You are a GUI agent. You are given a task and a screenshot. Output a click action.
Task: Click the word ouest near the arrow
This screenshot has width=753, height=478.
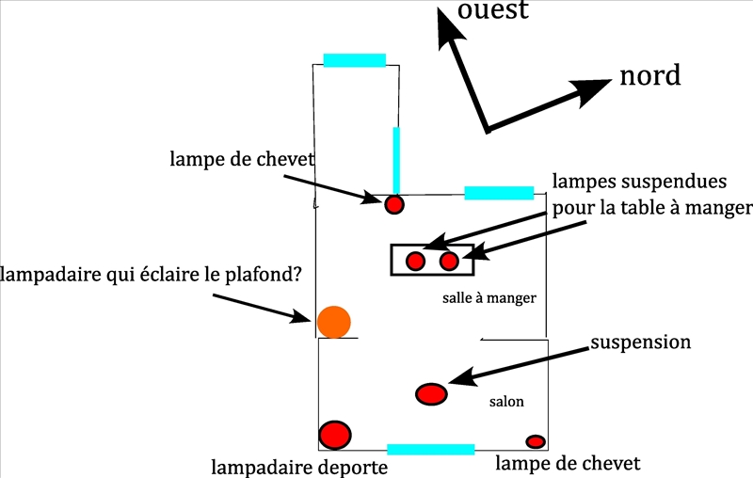click(492, 10)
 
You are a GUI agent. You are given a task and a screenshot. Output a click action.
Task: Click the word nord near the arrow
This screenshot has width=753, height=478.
click(649, 75)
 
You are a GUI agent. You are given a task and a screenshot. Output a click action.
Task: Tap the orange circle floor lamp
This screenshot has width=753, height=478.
click(333, 322)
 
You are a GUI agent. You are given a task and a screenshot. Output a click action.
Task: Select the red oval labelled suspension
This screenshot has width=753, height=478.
click(431, 394)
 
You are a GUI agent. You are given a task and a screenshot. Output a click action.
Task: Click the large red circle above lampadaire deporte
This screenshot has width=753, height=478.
click(335, 435)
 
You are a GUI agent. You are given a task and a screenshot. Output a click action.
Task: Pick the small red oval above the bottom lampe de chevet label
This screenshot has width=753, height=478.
click(536, 441)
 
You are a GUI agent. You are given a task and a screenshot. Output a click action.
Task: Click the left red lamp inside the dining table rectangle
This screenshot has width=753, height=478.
click(415, 261)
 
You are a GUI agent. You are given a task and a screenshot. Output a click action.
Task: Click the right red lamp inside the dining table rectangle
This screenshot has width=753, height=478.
click(449, 261)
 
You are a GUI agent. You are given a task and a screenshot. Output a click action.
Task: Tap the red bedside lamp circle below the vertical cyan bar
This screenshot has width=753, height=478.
click(394, 204)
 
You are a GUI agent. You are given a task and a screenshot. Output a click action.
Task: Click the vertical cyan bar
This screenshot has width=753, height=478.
click(396, 159)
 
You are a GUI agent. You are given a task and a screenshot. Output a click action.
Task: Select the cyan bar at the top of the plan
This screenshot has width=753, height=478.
click(355, 60)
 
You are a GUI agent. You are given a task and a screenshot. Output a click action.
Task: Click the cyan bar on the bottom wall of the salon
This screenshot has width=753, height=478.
click(430, 450)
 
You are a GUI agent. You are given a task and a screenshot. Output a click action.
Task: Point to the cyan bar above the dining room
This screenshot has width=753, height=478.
click(499, 193)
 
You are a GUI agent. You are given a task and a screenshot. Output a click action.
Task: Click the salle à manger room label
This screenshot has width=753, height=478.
click(489, 298)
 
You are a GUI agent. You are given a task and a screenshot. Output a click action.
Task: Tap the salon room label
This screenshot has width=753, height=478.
click(506, 402)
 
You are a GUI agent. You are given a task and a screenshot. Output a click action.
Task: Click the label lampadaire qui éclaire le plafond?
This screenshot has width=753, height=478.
click(151, 274)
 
